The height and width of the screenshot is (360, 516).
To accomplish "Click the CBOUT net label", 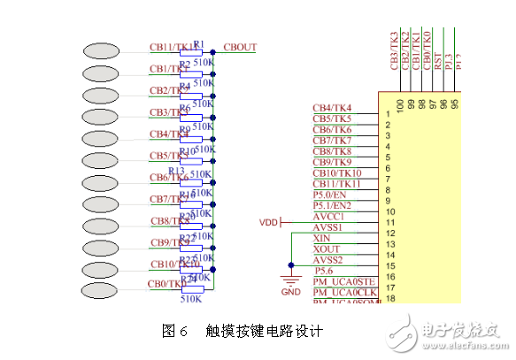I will pyautogui.click(x=241, y=47).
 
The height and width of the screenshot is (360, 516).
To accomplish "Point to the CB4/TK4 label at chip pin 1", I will pyautogui.click(x=332, y=108).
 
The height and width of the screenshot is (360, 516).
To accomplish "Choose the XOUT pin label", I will pyautogui.click(x=326, y=249).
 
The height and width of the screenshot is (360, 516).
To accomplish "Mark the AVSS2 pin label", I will pyautogui.click(x=328, y=260).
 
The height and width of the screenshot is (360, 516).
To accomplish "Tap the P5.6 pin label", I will pyautogui.click(x=324, y=272).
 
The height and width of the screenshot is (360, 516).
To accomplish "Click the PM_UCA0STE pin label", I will pyautogui.click(x=343, y=282).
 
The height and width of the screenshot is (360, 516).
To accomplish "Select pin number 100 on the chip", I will pyautogui.click(x=400, y=105).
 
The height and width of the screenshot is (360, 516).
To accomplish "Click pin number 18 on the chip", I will pyautogui.click(x=389, y=298).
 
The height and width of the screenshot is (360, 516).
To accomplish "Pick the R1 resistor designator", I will pyautogui.click(x=199, y=43).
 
